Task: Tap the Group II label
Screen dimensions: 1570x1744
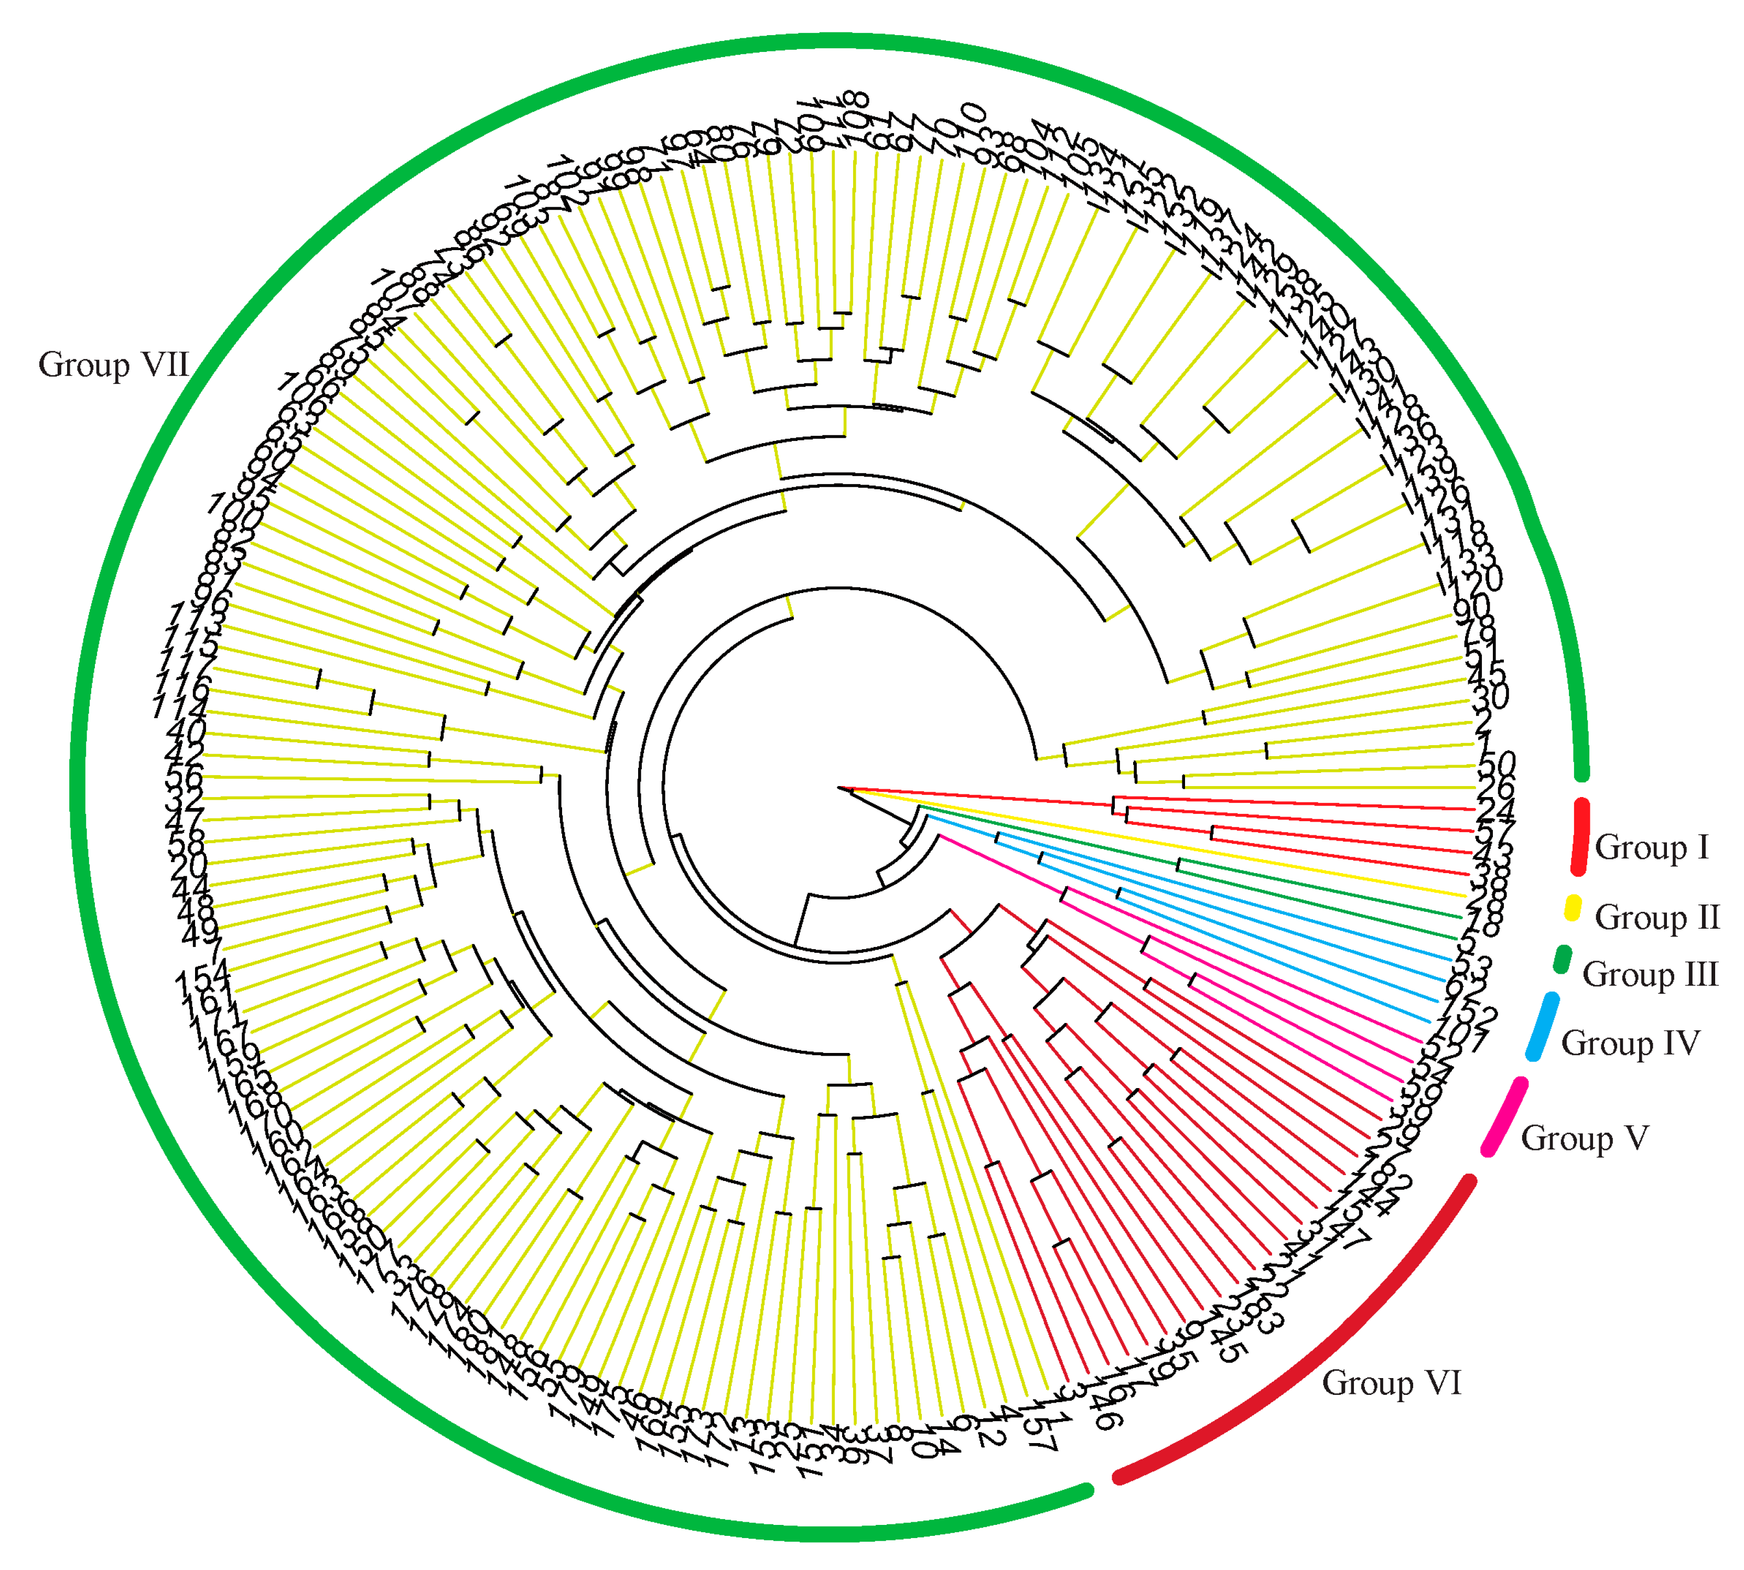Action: tap(1657, 917)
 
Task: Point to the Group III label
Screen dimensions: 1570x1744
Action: tap(1649, 975)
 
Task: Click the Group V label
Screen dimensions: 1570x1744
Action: tap(1585, 1138)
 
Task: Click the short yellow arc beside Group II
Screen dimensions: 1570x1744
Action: tap(1573, 908)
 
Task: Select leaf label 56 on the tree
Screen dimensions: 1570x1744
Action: tap(184, 777)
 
